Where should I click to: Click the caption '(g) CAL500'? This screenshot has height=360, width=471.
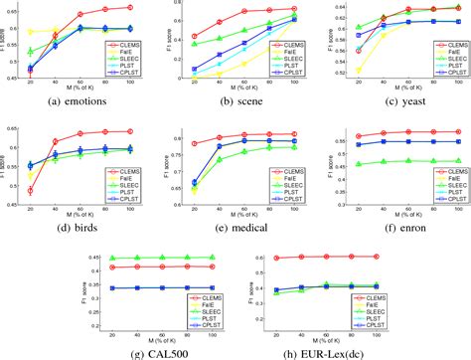156,351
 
